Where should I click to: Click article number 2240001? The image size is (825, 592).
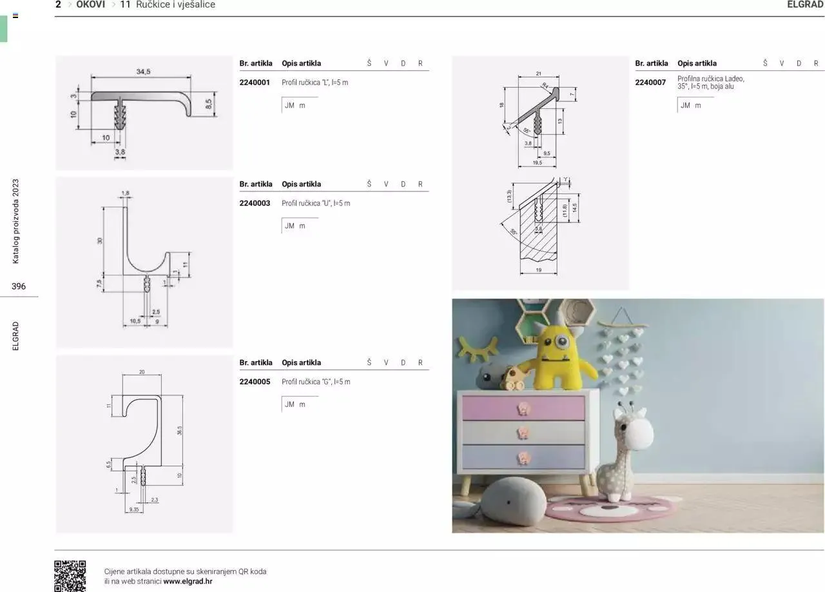255,83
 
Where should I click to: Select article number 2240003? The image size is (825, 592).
255,203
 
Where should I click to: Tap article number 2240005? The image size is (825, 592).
255,382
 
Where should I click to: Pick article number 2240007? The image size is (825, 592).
650,83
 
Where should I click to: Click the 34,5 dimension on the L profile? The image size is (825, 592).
143,72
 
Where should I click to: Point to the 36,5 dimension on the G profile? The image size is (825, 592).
179,430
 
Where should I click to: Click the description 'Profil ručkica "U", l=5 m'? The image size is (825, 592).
316,203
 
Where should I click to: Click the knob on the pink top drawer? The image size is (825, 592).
523,408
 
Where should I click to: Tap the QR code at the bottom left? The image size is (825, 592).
70,576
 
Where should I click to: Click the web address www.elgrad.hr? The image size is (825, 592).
188,581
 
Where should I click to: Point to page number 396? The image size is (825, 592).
19,286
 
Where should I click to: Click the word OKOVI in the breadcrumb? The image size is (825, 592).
90,5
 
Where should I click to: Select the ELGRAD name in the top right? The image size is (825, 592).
805,5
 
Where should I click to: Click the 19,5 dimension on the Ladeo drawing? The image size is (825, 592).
537,163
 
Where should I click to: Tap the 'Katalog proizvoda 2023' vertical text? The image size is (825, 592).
16,221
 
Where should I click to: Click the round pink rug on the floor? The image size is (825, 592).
609,508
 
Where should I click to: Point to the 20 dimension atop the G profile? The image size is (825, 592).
142,372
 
